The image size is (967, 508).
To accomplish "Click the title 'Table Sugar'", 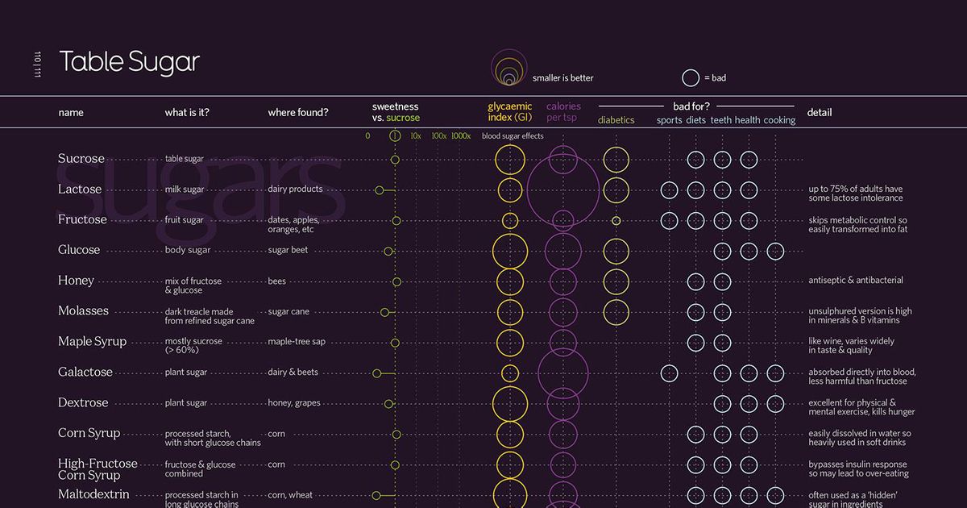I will coord(129,62).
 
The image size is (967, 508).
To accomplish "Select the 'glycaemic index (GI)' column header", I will coord(510,112).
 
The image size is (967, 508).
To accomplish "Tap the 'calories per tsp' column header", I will coord(563,112).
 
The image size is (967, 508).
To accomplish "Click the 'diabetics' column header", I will coord(616,120).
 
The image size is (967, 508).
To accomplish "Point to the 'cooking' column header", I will coord(779,120).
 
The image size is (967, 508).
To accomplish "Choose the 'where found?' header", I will coord(297,113).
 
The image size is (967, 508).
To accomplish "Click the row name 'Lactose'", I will coord(80,189).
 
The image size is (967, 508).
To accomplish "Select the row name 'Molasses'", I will coord(83,311).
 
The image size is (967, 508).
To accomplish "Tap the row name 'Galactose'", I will coord(85,373).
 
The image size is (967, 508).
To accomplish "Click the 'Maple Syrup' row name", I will coord(92,342).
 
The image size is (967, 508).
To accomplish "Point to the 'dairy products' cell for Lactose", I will coord(295,189).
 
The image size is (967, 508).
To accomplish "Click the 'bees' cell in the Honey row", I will coord(276,281).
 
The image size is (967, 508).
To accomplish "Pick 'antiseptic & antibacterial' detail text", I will coord(856,281).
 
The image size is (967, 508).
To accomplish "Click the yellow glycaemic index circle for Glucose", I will coord(510,251).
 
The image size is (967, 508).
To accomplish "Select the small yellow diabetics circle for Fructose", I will coord(616,220).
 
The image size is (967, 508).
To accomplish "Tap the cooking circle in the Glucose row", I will coord(775,251).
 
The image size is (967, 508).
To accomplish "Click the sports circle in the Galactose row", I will coord(669,373).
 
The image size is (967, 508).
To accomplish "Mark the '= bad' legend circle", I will coord(691,78).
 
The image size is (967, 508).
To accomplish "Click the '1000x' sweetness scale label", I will coord(461,136).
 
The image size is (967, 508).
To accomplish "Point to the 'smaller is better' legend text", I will coord(562,78).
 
